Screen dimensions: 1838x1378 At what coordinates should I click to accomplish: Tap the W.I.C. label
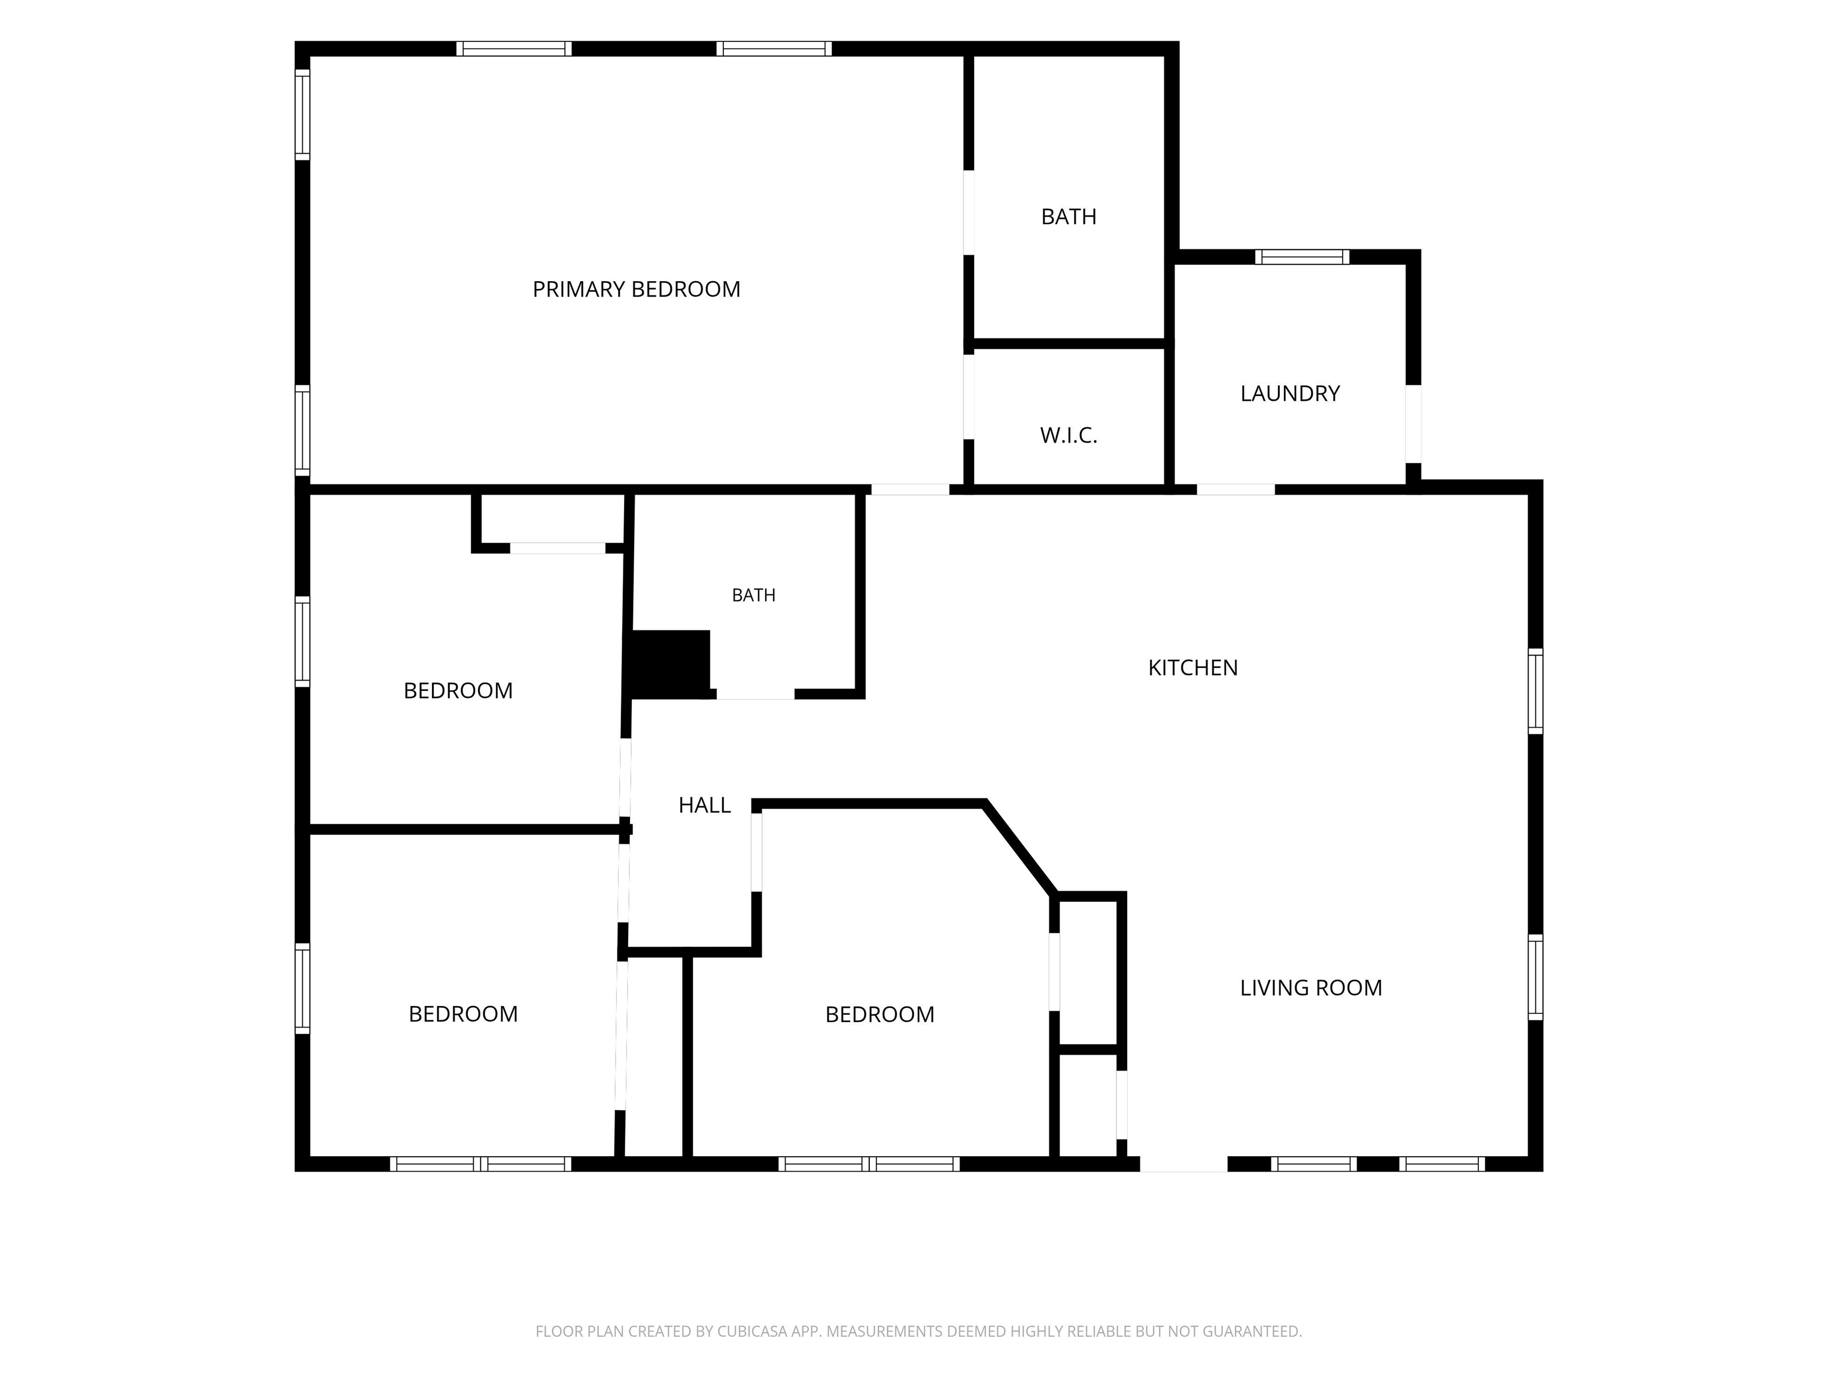[x=1069, y=435]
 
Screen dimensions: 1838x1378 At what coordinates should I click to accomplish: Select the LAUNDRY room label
[x=1289, y=393]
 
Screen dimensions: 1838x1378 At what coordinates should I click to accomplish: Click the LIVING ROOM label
[x=1310, y=987]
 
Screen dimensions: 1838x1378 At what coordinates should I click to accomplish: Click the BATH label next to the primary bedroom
[x=1069, y=217]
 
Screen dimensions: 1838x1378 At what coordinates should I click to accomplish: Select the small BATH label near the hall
[x=754, y=595]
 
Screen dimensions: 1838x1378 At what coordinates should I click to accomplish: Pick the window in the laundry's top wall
[x=1302, y=257]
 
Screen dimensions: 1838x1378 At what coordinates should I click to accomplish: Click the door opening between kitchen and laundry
[x=1236, y=489]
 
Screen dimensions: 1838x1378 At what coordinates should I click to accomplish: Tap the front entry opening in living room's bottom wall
[x=1183, y=1164]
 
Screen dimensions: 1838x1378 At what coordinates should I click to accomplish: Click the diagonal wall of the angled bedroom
[x=1020, y=848]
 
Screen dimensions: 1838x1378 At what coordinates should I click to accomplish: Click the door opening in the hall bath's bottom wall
[x=755, y=694]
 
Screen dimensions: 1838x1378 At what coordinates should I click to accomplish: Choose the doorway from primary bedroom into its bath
[x=969, y=213]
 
